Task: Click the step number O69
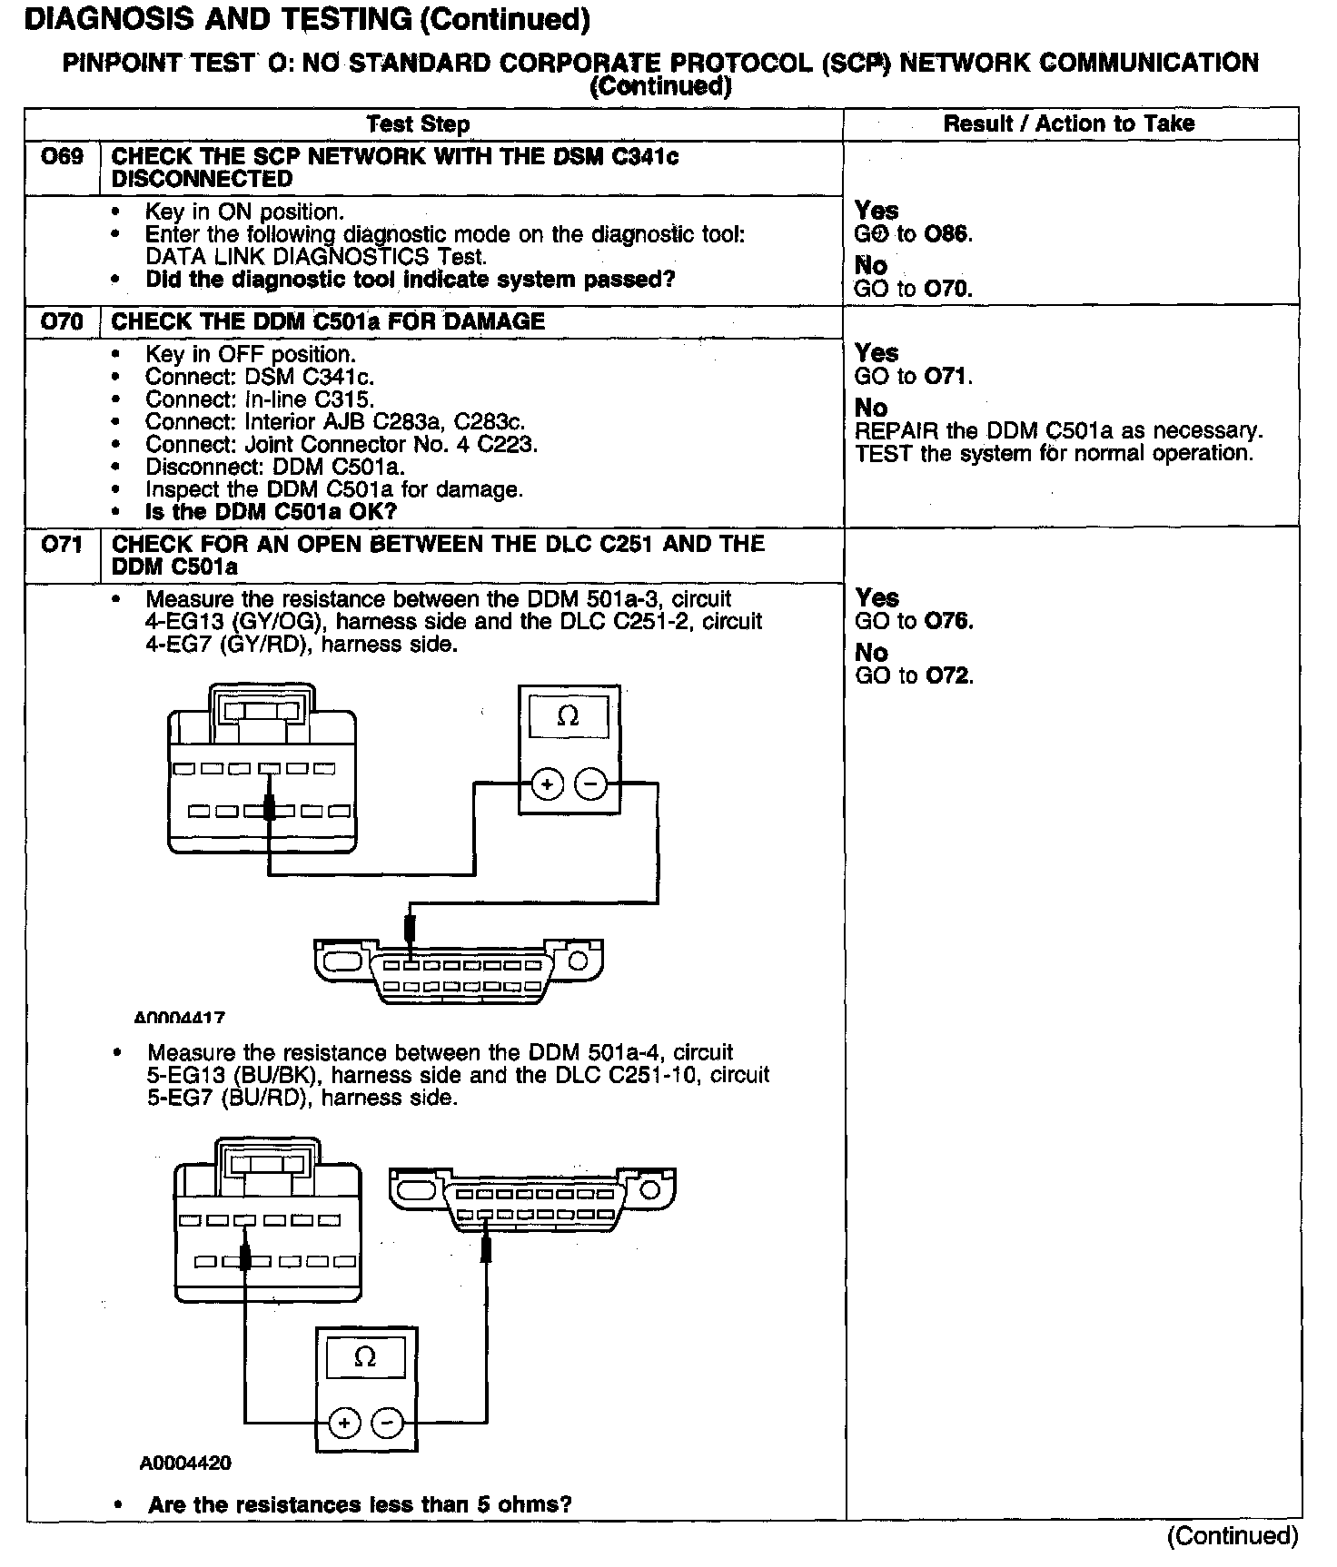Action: click(x=62, y=157)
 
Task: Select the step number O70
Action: click(x=62, y=321)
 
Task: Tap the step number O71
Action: click(x=62, y=545)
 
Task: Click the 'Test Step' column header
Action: click(x=418, y=124)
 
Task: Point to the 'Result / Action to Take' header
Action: click(x=1069, y=123)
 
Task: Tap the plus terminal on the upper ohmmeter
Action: click(x=547, y=784)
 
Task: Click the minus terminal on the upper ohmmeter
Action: click(x=591, y=784)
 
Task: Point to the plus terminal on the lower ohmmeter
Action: click(x=344, y=1423)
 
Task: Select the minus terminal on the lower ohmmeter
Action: click(x=388, y=1423)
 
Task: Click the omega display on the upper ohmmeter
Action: click(x=568, y=717)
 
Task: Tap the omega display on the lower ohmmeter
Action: click(x=365, y=1358)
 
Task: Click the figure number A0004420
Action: click(x=185, y=1464)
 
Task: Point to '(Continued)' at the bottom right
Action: click(x=1233, y=1536)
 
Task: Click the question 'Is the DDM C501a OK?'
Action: click(x=272, y=512)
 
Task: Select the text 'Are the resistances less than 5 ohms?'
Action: click(x=360, y=1504)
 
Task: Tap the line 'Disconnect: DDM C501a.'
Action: click(x=275, y=468)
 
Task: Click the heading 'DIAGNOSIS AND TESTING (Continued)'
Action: click(x=306, y=19)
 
